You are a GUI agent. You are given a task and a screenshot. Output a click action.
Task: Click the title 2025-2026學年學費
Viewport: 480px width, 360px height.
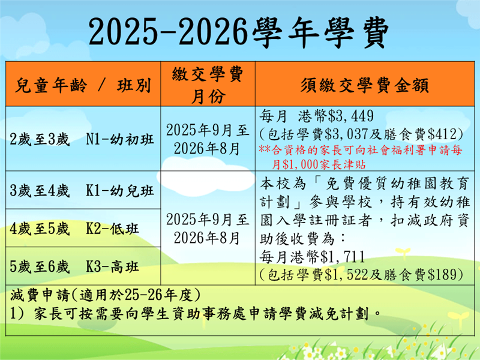click(x=239, y=32)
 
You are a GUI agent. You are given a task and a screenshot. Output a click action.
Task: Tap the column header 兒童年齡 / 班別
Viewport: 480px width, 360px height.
click(x=83, y=85)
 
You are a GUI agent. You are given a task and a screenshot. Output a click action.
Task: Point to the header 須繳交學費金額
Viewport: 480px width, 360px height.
click(x=364, y=85)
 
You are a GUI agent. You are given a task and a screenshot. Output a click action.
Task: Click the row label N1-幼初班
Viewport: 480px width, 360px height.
click(x=120, y=139)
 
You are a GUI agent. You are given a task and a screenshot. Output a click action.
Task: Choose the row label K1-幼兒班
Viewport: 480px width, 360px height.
click(x=120, y=190)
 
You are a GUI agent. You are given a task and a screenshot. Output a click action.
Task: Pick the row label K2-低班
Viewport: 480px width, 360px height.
click(x=112, y=229)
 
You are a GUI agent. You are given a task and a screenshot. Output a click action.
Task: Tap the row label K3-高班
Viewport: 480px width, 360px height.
click(x=112, y=266)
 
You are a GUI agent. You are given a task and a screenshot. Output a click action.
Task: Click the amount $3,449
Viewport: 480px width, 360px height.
click(x=351, y=116)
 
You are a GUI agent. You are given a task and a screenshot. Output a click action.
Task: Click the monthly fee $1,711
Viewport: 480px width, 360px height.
click(x=342, y=257)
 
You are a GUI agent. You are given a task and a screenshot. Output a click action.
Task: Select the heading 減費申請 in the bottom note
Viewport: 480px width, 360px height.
click(x=40, y=295)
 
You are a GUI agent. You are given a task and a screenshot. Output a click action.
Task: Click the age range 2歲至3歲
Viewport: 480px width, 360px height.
click(x=40, y=139)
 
